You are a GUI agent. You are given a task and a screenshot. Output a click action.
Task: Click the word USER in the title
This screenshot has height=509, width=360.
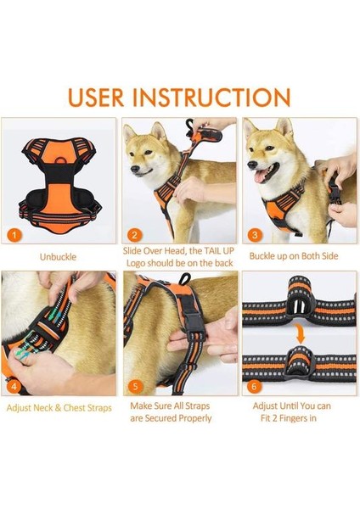(x=96, y=97)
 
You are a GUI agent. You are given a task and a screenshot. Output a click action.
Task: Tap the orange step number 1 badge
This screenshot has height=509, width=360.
(x=14, y=235)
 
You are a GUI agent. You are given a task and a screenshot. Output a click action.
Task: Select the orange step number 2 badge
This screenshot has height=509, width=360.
(x=134, y=235)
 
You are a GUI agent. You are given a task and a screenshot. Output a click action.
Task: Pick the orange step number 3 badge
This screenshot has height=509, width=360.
(x=255, y=234)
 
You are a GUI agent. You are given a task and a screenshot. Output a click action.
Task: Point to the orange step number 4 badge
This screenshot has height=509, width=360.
(x=14, y=386)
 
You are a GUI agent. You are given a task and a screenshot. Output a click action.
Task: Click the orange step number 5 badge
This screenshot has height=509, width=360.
(x=136, y=386)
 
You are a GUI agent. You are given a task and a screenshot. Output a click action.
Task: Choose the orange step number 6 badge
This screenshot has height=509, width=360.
(x=255, y=386)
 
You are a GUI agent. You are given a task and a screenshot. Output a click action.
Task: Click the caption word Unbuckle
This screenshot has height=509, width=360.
(x=58, y=257)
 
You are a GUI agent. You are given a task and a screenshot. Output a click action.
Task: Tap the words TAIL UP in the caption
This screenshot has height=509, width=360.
(x=219, y=251)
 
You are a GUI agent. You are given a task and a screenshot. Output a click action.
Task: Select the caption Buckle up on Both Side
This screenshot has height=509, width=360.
(x=294, y=256)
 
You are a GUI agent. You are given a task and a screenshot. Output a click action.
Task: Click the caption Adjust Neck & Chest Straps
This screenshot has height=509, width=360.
(x=59, y=407)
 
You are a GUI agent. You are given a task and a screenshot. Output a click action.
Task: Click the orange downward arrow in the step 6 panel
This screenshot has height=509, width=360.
(x=301, y=334)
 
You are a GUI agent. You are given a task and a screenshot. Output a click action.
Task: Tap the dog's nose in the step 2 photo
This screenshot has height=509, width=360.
(x=133, y=169)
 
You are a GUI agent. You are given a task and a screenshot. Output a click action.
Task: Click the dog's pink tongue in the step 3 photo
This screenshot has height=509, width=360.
(x=261, y=176)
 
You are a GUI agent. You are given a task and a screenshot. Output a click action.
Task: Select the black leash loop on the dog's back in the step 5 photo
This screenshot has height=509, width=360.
(x=185, y=279)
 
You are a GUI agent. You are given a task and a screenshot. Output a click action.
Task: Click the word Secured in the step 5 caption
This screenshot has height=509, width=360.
(x=163, y=418)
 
